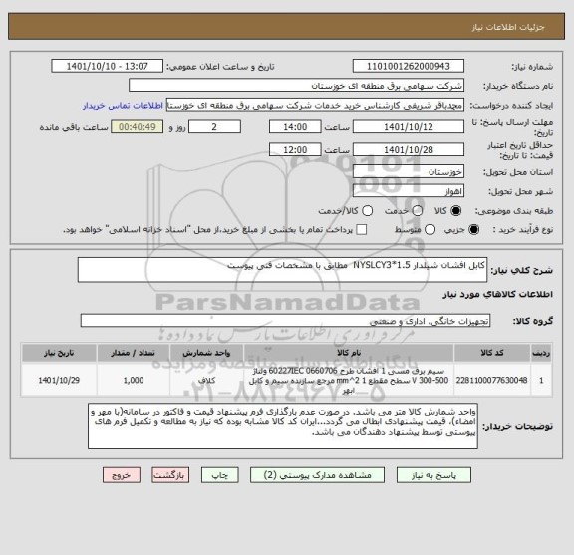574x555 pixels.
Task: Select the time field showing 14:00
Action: (295, 127)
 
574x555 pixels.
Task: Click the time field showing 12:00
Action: (295, 149)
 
